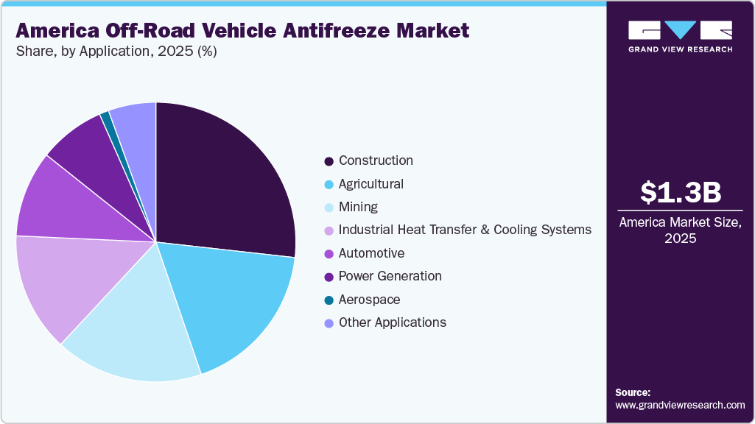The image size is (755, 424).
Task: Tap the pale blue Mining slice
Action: point(140,331)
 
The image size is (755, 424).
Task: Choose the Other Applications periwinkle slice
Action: point(136,118)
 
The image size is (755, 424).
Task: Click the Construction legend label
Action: point(376,160)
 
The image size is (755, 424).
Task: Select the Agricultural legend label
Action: point(371,184)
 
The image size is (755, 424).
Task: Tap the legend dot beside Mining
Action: point(329,208)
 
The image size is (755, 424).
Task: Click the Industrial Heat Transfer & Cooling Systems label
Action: point(465,230)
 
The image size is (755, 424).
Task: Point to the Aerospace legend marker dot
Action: point(329,300)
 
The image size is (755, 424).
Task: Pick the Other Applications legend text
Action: point(393,322)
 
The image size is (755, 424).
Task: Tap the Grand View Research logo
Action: point(681,37)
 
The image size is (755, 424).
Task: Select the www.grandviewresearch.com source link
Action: point(680,405)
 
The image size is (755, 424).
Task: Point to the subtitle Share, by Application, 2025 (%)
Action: point(116,52)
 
